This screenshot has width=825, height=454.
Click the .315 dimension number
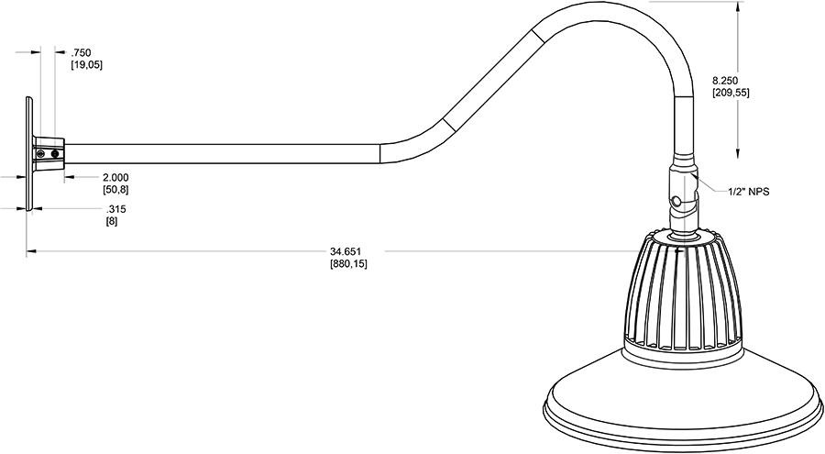click(115, 209)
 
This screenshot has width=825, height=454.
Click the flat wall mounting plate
click(29, 153)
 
